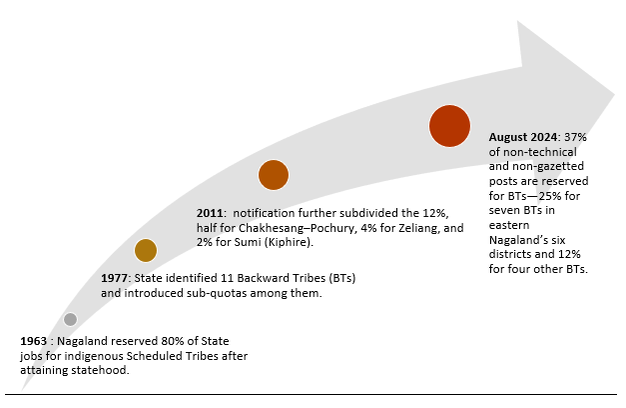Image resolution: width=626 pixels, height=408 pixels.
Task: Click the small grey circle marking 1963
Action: coord(70,320)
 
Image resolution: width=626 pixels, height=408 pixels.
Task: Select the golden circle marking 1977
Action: coord(146,251)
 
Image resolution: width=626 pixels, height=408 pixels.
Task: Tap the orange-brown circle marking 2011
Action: coord(274,175)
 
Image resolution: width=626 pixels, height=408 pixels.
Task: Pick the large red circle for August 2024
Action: coord(449,126)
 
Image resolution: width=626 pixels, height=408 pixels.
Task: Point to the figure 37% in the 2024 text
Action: coord(577,136)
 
